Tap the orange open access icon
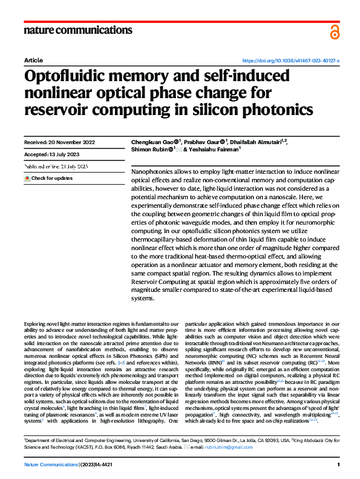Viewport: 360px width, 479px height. click(335, 31)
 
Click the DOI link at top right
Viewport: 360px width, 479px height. click(290, 61)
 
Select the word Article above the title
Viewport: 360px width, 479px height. click(33, 61)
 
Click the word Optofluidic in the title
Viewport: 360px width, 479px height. click(64, 78)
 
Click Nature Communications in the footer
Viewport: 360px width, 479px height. click(50, 464)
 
